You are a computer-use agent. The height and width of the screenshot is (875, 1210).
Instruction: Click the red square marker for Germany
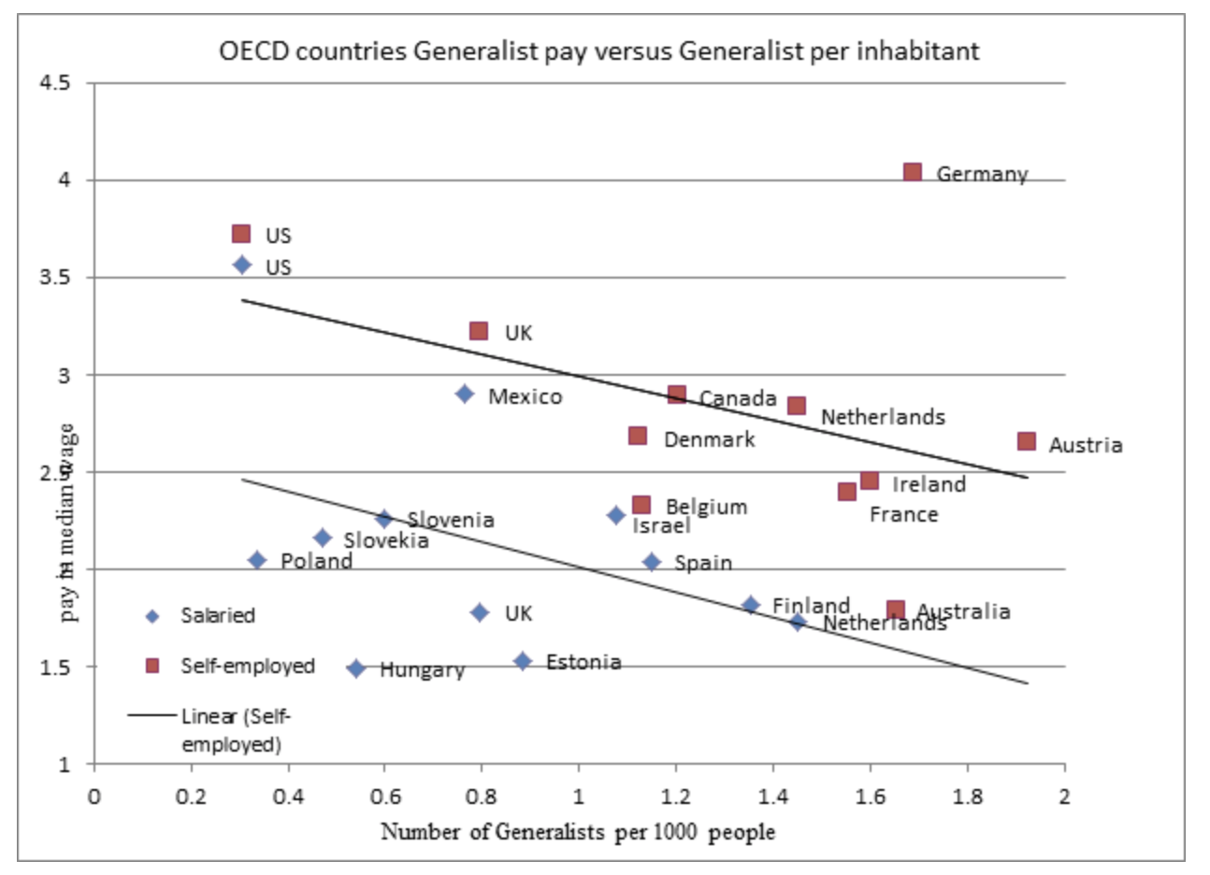click(913, 172)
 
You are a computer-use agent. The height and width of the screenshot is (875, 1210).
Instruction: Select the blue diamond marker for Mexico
click(465, 394)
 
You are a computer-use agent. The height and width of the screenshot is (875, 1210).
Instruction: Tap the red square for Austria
click(1027, 441)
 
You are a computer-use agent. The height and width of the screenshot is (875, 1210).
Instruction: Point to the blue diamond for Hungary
click(356, 668)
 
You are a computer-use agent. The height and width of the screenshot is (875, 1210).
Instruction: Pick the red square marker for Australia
click(896, 610)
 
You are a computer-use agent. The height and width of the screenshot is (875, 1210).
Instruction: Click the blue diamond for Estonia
click(523, 661)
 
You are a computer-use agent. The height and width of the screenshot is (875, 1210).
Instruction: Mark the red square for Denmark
click(638, 436)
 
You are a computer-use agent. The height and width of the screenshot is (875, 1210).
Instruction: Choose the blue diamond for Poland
click(257, 560)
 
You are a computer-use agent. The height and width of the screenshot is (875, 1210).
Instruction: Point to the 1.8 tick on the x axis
click(967, 796)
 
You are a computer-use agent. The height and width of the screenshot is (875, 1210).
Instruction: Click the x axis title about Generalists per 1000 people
click(578, 831)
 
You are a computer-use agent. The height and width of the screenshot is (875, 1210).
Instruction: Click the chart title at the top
click(598, 50)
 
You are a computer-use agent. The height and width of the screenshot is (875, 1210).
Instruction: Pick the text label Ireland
click(929, 484)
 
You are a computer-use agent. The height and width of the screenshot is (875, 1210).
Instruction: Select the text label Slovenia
click(450, 520)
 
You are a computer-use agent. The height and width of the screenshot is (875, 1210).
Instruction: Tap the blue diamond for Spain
click(652, 562)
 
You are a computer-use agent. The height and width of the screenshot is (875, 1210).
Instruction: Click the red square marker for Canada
click(677, 394)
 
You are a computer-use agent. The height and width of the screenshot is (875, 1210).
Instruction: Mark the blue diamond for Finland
click(751, 605)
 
